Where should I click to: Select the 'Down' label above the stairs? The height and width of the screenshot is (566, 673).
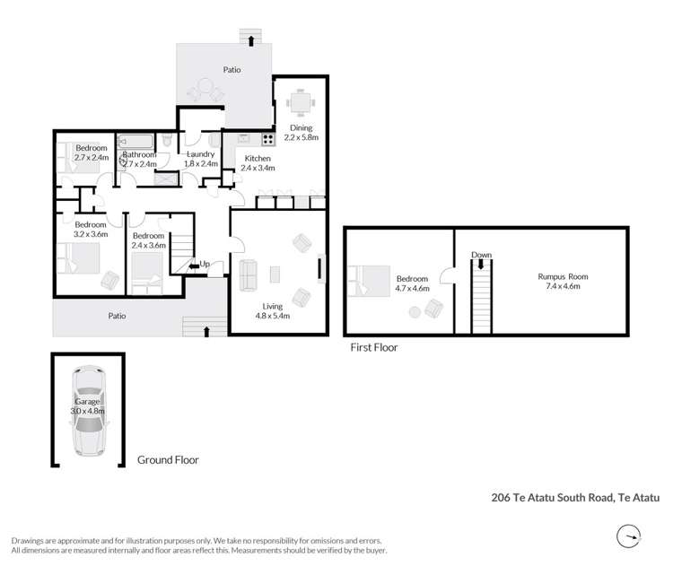coord(482,256)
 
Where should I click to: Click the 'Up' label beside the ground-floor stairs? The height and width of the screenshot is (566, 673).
coord(205,265)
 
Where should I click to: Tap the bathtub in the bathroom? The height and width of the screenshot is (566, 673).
coord(136,142)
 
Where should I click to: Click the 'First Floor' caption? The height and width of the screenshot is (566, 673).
coord(373,347)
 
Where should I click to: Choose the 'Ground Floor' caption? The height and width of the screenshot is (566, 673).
coord(168,459)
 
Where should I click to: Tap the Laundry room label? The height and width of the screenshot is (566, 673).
coord(200,159)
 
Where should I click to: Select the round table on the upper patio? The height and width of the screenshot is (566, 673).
coord(205,89)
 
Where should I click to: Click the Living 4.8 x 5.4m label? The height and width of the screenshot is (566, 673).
coord(273,310)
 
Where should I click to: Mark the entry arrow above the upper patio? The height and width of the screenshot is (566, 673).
coord(251,37)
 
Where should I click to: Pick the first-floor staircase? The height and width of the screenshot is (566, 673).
coord(482,294)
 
